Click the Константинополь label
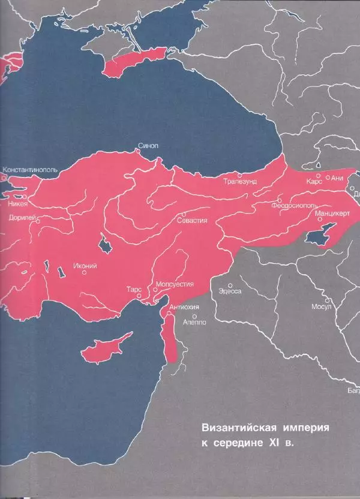(30, 170)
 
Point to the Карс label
(314, 180)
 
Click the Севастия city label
(192, 220)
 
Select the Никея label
(18, 203)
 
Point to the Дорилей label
(23, 218)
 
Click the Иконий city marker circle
(85, 272)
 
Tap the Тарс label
(134, 288)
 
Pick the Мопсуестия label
(174, 284)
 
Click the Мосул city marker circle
(327, 299)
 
